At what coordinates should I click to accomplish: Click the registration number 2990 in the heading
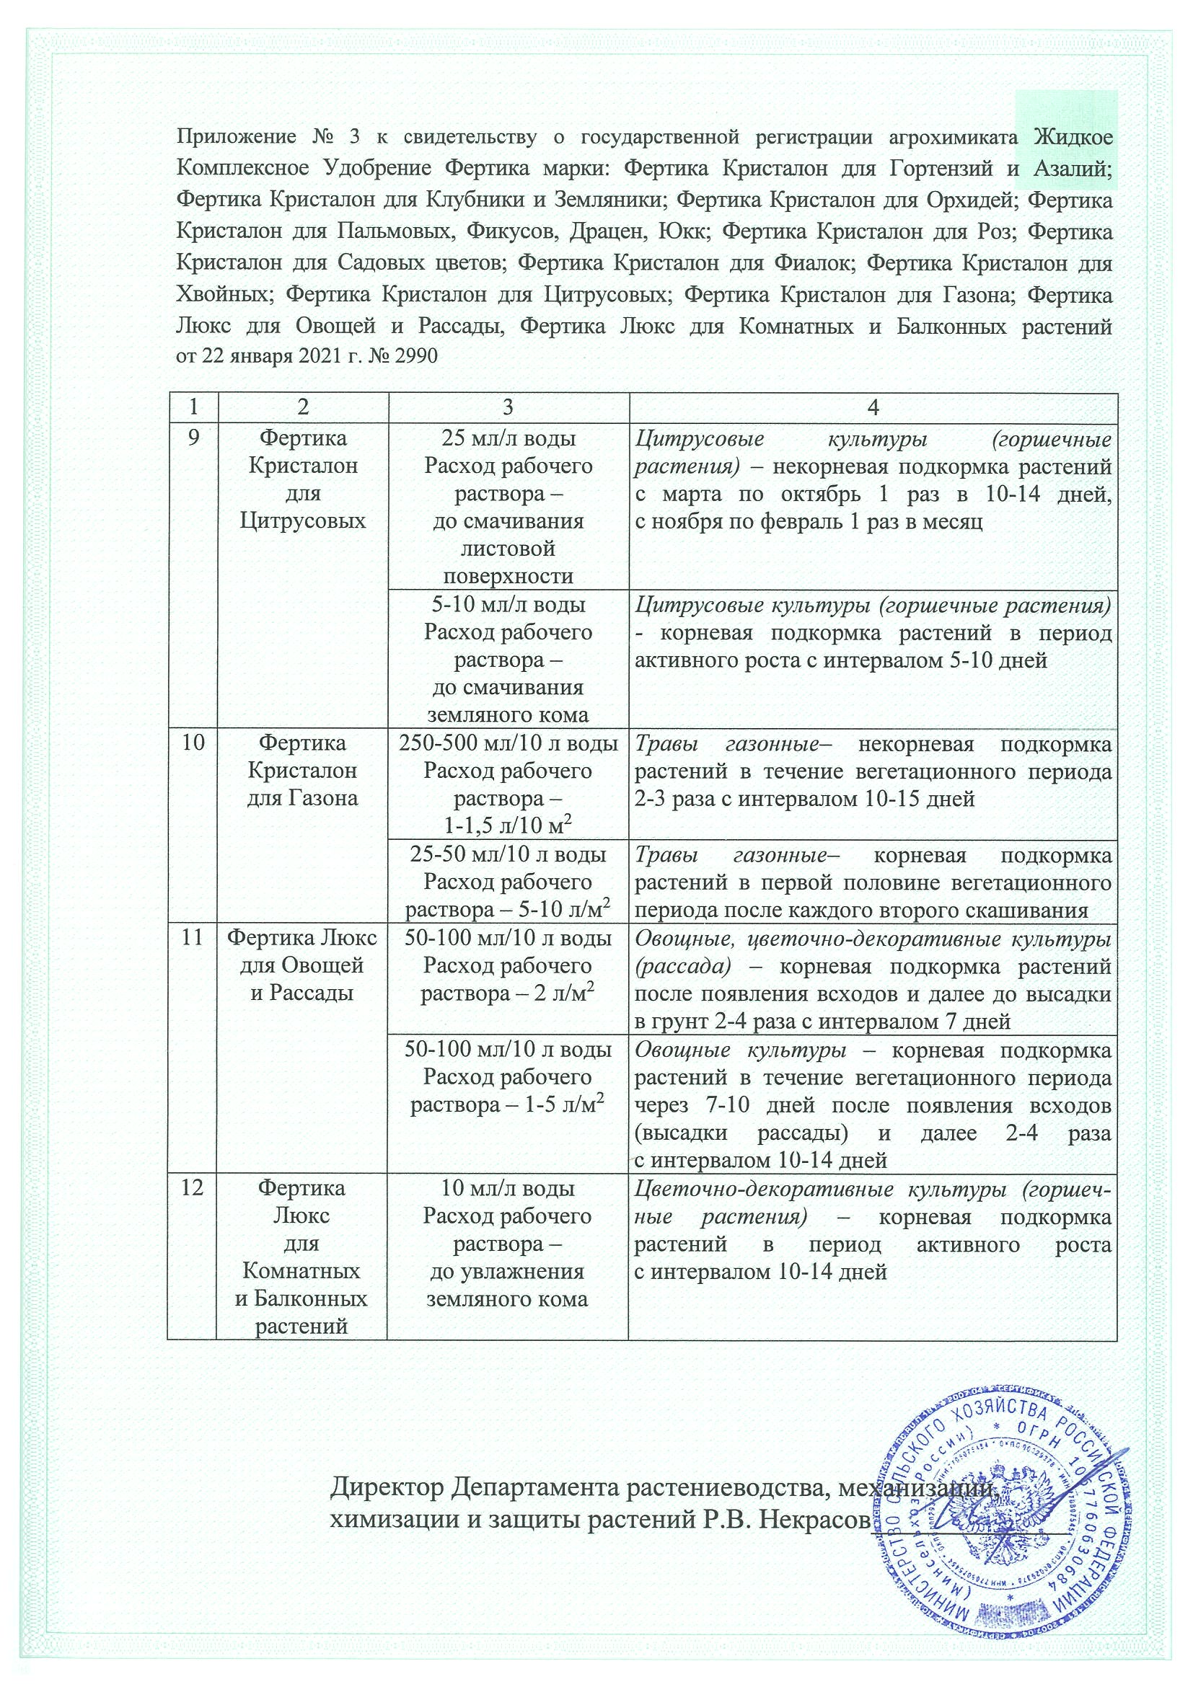pos(416,356)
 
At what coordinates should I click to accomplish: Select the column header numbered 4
pos(873,408)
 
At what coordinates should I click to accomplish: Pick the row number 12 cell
pos(192,1188)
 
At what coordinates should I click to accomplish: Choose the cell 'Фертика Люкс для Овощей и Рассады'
pos(303,965)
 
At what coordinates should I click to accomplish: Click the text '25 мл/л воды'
pos(508,438)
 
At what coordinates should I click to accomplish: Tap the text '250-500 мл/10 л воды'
pos(508,743)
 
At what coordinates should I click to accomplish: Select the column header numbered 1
pos(193,408)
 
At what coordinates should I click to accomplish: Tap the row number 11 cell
pos(192,938)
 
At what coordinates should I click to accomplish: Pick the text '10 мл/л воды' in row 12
pos(508,1188)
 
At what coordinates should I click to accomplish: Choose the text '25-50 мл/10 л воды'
pos(508,854)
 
